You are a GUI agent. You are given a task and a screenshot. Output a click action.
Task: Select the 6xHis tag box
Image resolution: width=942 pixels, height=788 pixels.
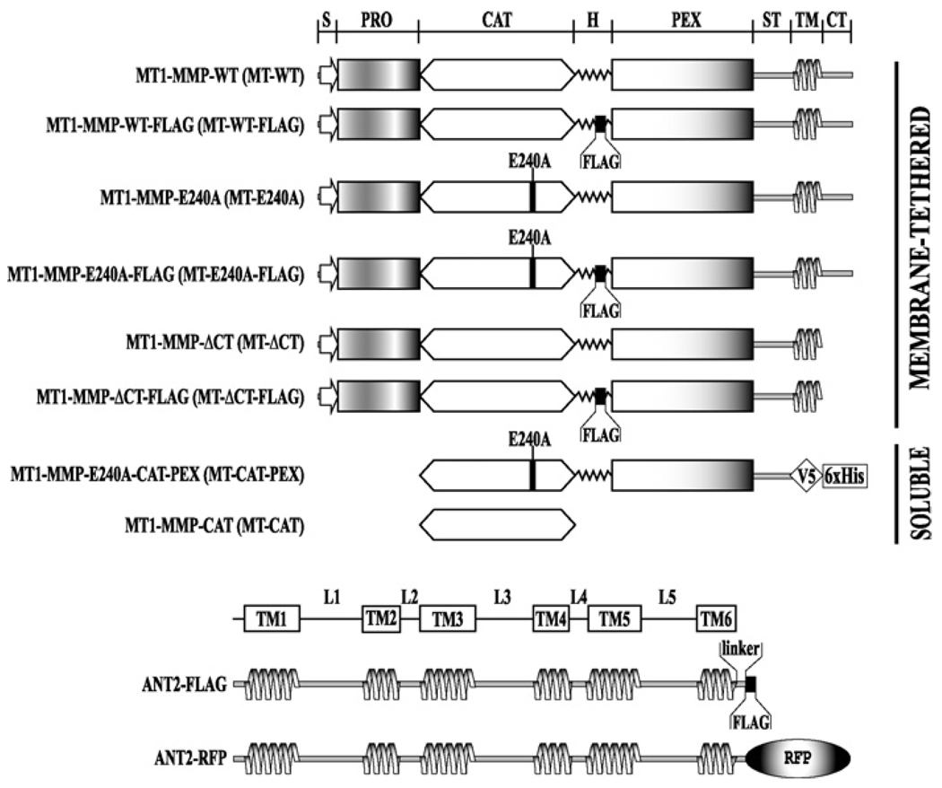844,475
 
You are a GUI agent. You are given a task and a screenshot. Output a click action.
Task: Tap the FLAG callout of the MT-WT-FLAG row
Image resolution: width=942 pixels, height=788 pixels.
601,162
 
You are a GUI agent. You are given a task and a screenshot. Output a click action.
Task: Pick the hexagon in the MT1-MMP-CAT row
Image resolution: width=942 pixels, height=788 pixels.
497,522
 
